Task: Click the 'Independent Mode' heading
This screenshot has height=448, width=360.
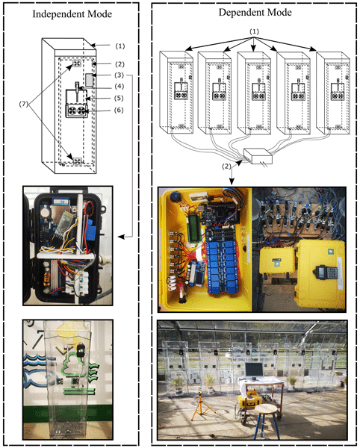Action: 72,14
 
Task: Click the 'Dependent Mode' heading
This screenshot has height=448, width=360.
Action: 255,12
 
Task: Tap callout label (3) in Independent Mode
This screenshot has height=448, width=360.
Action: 120,75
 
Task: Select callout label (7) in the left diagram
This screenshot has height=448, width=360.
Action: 24,105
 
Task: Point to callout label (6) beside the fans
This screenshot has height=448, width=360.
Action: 119,110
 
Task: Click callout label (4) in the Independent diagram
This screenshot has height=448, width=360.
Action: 120,86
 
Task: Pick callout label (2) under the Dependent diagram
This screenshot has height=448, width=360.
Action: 226,166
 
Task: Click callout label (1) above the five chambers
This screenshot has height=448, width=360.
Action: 254,31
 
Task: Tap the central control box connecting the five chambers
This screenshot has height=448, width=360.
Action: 258,156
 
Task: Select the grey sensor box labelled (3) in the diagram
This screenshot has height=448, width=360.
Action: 90,79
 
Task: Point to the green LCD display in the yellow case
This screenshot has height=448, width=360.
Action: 194,228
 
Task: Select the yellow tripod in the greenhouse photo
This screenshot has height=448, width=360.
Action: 202,405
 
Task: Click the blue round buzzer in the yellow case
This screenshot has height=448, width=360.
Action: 175,197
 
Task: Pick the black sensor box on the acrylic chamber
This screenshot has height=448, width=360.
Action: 81,350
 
